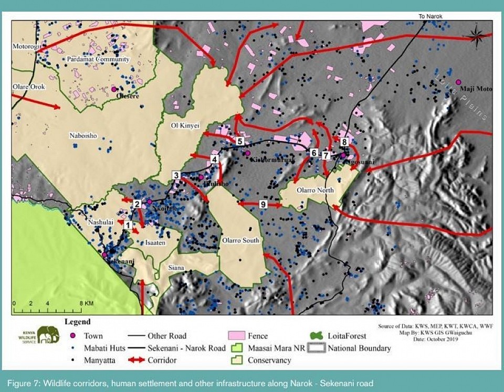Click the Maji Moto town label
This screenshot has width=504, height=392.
point(476,89)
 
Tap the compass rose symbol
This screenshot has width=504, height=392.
point(476,35)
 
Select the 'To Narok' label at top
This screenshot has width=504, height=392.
point(430,17)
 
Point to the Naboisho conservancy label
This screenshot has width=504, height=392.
point(83,136)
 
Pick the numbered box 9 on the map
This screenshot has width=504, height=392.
point(263,204)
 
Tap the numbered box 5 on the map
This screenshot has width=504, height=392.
point(239,141)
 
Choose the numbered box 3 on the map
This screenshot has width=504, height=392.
point(176,175)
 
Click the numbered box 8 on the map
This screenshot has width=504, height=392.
point(344,142)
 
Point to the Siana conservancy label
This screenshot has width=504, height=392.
point(176,268)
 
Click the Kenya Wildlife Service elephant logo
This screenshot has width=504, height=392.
point(48,335)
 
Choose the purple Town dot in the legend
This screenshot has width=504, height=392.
point(73,336)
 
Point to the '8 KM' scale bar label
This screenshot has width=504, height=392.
point(86,303)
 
